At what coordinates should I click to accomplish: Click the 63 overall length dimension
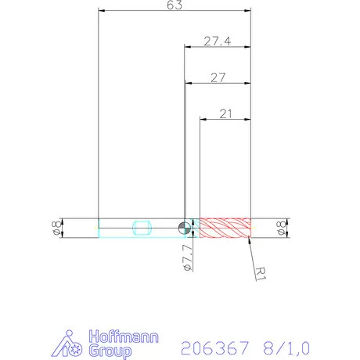[175, 5]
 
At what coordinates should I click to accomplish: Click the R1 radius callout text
[262, 272]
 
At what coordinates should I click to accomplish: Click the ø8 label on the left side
[56, 228]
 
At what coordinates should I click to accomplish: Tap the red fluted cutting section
[225, 228]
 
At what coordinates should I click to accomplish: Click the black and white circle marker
[183, 228]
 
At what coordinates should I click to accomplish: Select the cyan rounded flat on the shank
[142, 228]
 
